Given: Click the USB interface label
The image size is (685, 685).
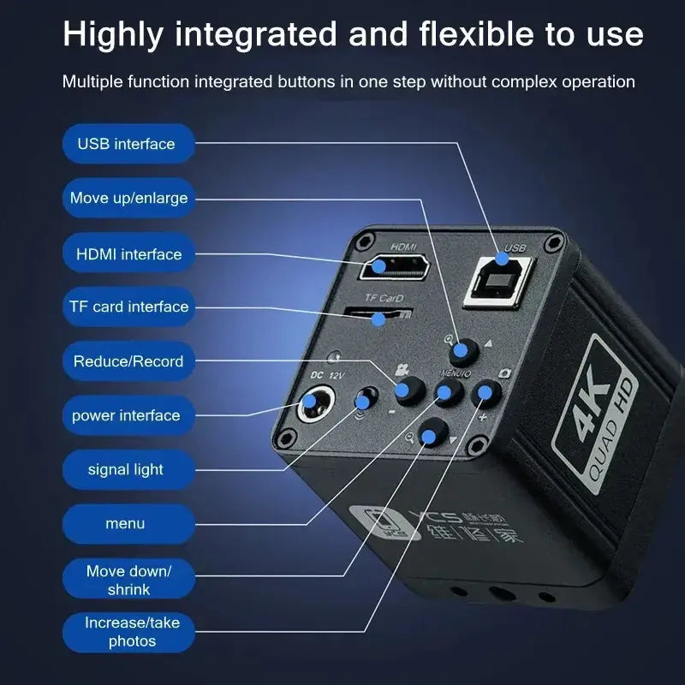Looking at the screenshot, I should click(x=127, y=144).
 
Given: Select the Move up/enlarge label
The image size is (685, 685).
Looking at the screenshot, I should click(x=128, y=198).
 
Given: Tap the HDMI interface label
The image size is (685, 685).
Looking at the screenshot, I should click(x=128, y=254).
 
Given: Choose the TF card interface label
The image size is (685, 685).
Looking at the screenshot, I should click(x=128, y=307).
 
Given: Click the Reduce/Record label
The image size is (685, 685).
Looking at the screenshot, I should click(x=128, y=361).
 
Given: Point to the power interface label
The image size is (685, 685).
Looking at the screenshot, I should click(x=126, y=415).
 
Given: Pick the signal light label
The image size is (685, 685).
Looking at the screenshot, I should click(x=126, y=469).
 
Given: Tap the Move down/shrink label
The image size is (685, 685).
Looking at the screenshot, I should click(x=128, y=580).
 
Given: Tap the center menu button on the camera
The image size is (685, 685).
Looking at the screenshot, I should click(x=447, y=392).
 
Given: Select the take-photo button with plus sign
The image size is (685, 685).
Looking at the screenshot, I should click(x=486, y=393).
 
